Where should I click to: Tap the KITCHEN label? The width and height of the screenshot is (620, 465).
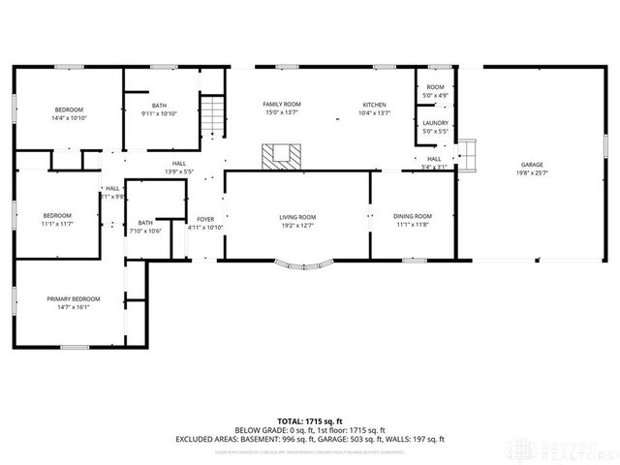click(x=375, y=105)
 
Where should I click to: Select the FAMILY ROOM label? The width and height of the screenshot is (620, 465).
click(x=282, y=104)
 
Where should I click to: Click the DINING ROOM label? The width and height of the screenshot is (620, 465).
click(x=413, y=216)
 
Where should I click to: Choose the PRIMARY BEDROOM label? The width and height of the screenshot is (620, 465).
click(x=74, y=298)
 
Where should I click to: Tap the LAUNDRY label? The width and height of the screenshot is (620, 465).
click(x=435, y=123)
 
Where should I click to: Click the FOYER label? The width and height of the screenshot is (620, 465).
click(x=205, y=219)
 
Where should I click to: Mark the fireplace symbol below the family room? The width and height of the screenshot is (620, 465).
click(x=283, y=155)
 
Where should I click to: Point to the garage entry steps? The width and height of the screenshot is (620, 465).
click(x=469, y=154)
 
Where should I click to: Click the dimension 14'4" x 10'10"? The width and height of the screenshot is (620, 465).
click(x=69, y=117)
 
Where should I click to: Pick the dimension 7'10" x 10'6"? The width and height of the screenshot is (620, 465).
click(x=145, y=231)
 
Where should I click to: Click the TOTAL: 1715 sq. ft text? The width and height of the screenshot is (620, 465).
click(x=310, y=421)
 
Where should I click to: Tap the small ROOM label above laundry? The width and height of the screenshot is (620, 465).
click(x=435, y=88)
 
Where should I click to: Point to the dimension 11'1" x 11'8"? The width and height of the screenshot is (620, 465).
click(x=413, y=225)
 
